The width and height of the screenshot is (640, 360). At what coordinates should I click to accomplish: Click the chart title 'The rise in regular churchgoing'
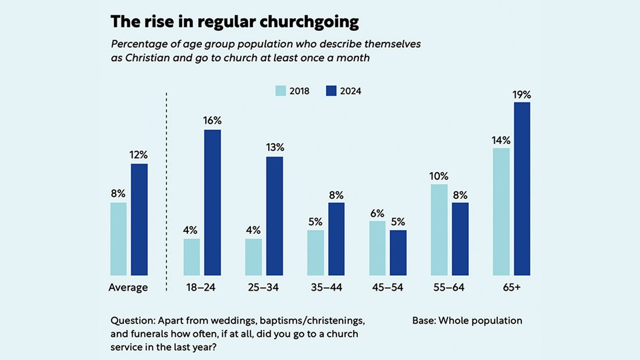pyautogui.click(x=234, y=22)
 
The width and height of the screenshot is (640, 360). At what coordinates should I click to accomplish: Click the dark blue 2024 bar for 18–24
pyautogui.click(x=212, y=202)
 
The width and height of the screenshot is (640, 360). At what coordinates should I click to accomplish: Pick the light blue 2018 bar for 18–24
pyautogui.click(x=191, y=256)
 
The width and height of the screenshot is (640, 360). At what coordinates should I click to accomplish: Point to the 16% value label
pyautogui.click(x=212, y=120)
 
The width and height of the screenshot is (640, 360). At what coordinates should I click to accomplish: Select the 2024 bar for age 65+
pyautogui.click(x=522, y=188)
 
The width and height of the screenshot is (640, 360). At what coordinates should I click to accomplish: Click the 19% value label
pyautogui.click(x=522, y=94)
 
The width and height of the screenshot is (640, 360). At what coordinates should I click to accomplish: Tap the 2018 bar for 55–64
pyautogui.click(x=439, y=229)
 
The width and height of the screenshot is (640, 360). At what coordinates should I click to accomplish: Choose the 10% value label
pyautogui.click(x=439, y=176)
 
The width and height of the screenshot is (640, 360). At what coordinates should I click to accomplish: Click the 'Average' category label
pyautogui.click(x=129, y=287)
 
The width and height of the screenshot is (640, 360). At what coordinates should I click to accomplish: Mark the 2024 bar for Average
pyautogui.click(x=139, y=219)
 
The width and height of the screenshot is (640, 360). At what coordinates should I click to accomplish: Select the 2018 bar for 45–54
pyautogui.click(x=378, y=248)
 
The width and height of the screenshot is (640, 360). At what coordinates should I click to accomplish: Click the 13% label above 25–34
pyautogui.click(x=275, y=148)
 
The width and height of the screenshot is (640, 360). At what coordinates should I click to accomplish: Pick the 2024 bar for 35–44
pyautogui.click(x=336, y=238)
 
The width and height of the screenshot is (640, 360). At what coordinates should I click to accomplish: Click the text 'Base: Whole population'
pyautogui.click(x=467, y=320)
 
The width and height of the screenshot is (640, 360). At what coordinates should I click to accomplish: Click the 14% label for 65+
pyautogui.click(x=501, y=140)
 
